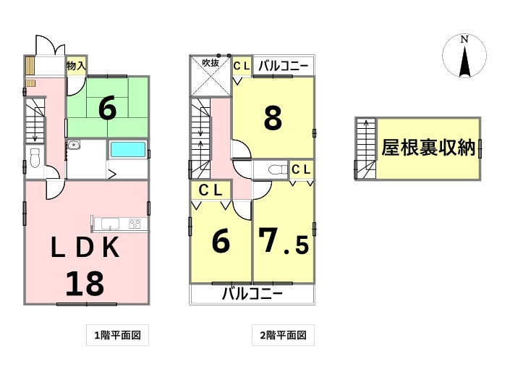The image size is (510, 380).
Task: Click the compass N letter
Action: coord(464,40)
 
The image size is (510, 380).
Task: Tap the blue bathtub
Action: coord(127,150)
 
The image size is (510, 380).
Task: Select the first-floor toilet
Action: coord(35,158)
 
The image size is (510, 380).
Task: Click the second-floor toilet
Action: coord(278,169)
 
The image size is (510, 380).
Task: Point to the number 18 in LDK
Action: coord(85,284)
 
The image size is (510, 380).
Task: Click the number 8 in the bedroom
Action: coord(273,118)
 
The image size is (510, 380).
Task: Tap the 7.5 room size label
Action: coord(283,241)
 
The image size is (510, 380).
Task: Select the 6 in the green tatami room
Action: coord(107,109)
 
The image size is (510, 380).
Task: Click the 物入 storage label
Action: coord(77,66)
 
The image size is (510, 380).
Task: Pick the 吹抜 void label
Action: coord(211,63)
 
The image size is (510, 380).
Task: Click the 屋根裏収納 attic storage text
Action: coord(428,148)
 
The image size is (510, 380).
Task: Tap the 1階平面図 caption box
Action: coord(117,335)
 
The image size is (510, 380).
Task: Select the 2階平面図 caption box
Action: coord(283,335)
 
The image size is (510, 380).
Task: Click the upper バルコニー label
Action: coord(283,67)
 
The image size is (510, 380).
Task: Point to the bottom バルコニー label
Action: coord(252,294)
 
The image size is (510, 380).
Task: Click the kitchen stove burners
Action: coord(135,224)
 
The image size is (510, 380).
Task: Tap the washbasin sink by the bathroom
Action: coord(74,145)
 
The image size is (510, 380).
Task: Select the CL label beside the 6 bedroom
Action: coord(211,190)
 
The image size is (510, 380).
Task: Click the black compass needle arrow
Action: coord(464,62)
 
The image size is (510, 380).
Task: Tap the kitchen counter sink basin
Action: coord(110,224)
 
